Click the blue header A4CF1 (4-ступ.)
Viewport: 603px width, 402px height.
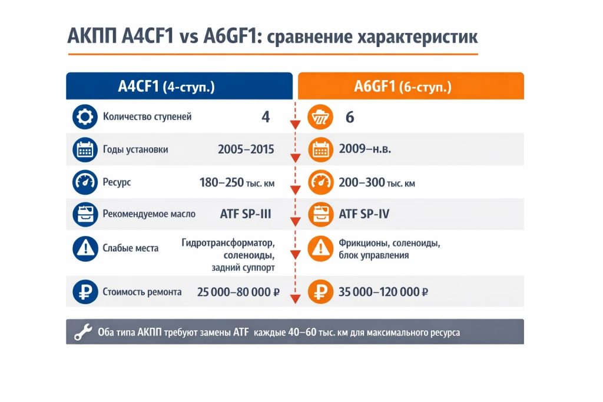[x=179, y=86]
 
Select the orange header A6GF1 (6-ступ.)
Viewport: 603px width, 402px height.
[x=410, y=86]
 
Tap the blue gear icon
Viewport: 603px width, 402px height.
[x=85, y=117]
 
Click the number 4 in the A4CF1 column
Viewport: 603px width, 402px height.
[x=266, y=117]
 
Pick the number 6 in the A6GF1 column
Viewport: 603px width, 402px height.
[x=350, y=117]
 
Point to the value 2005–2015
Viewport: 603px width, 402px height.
[x=246, y=149]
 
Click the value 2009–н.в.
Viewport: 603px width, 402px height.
[x=365, y=149]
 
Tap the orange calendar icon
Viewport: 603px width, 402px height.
[x=320, y=149]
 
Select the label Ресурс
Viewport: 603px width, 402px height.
[x=117, y=182]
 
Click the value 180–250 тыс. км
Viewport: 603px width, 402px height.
[x=237, y=182]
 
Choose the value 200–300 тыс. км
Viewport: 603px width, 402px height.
[x=377, y=182]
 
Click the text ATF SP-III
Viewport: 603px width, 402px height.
[x=246, y=214]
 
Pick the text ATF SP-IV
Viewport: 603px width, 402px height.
[x=364, y=214]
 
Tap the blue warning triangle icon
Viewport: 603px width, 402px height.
[x=85, y=248]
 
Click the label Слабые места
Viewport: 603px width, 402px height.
[x=130, y=248]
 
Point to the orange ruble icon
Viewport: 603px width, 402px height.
[x=320, y=292]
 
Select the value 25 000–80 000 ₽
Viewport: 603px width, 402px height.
[x=238, y=292]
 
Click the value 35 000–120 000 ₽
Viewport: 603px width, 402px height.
[x=383, y=292]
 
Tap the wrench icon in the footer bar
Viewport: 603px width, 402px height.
[x=83, y=332]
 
